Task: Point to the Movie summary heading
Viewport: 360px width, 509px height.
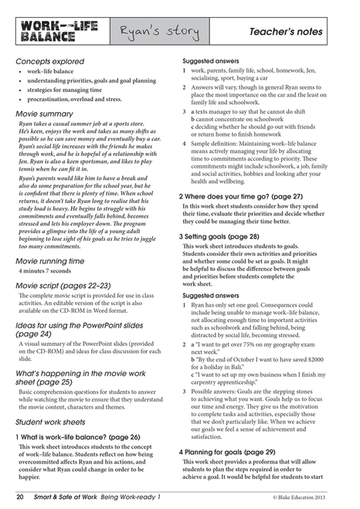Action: (45, 114)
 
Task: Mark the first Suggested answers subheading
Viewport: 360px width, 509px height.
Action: (211, 60)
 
